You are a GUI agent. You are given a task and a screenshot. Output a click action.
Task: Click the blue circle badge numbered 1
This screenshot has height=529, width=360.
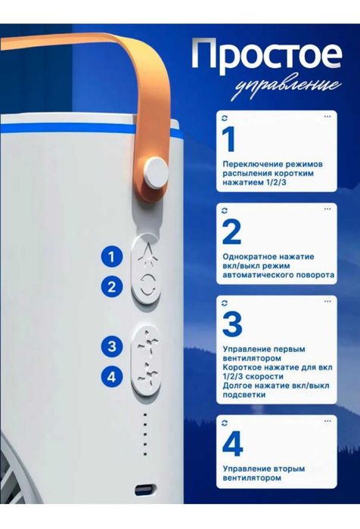pos(112,257)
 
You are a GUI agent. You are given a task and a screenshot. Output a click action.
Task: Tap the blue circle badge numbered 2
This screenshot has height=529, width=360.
pos(112,287)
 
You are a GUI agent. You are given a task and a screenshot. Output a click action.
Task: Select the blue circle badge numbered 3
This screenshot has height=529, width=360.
pos(112,346)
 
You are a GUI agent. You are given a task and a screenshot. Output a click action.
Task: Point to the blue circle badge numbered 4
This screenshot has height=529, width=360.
pos(112,375)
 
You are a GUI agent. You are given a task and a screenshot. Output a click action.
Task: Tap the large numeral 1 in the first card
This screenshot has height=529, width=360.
pos(229,140)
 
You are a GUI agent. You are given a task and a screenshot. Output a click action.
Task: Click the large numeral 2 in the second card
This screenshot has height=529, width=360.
pos(231,233)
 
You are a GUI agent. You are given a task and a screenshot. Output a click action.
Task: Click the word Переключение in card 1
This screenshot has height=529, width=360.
pos(254,162)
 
